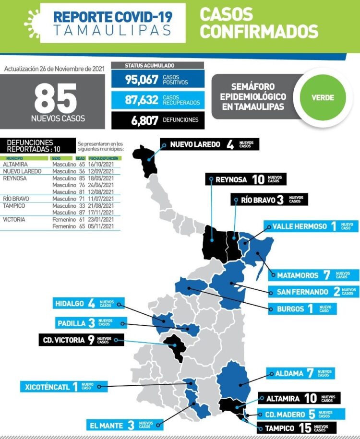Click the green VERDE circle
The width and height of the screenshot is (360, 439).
point(323,97)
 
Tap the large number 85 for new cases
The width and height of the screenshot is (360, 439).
point(55,98)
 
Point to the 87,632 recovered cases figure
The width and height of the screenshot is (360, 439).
point(142,99)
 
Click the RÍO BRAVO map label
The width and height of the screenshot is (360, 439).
point(269,200)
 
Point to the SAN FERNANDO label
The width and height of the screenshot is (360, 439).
point(312,292)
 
